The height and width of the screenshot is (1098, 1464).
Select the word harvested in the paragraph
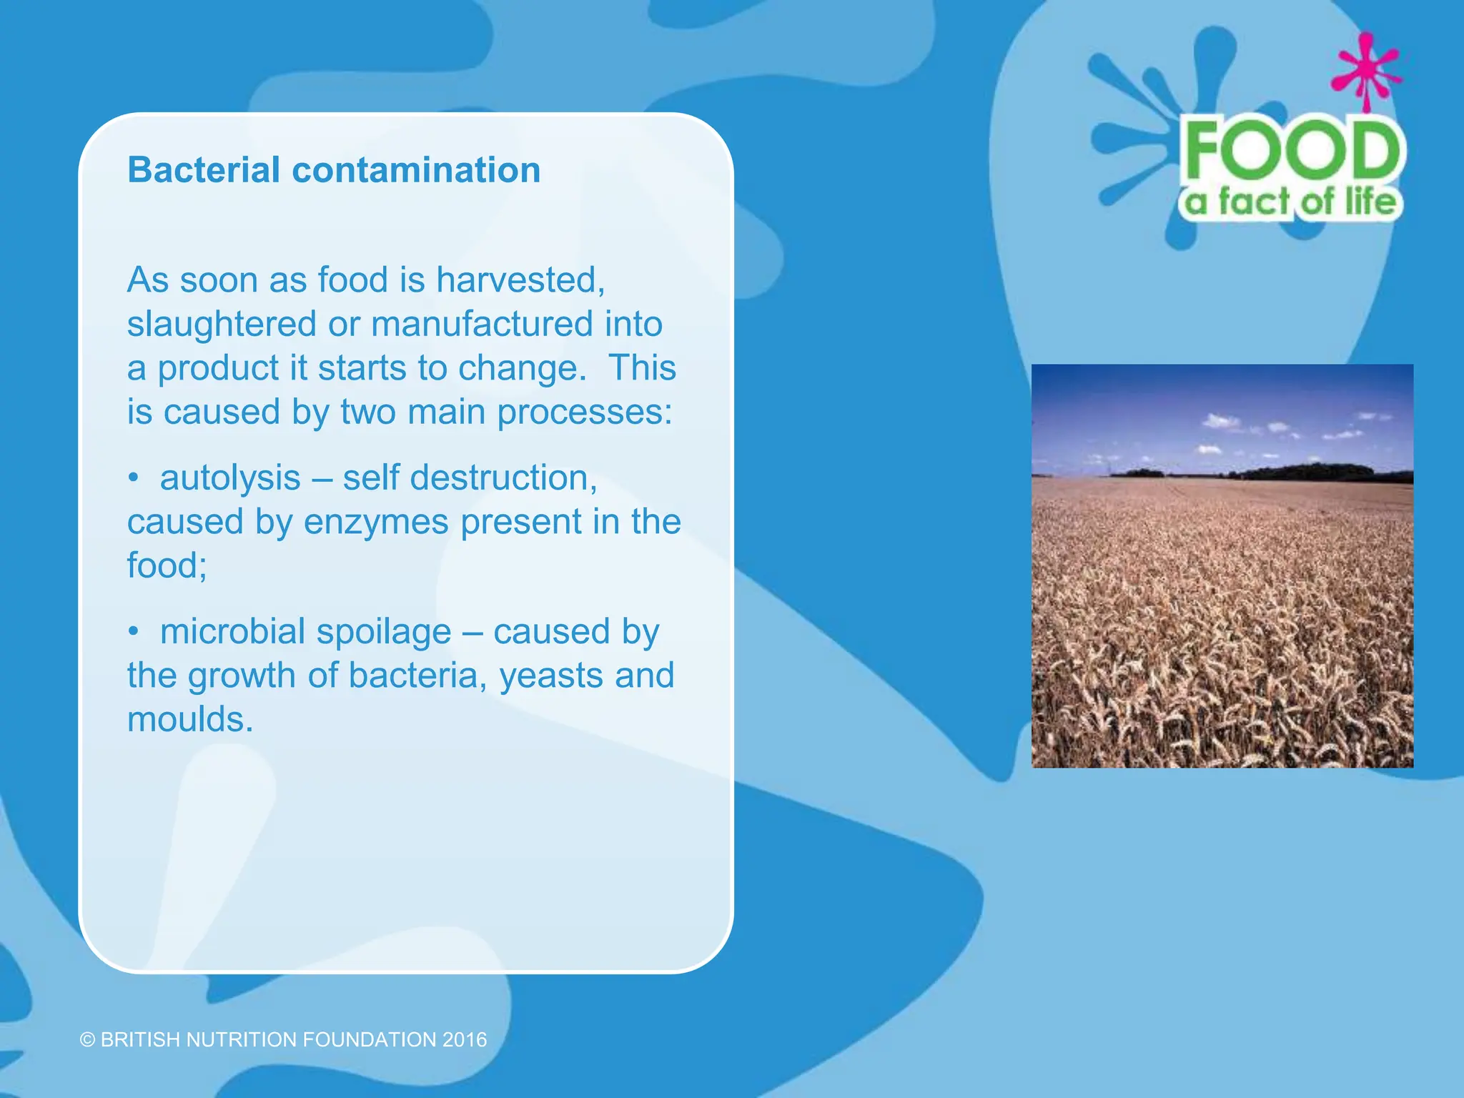click(x=520, y=280)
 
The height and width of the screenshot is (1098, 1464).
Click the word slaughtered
click(x=222, y=324)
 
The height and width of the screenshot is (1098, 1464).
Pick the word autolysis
click(x=230, y=478)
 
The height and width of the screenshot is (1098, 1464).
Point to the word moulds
click(x=190, y=719)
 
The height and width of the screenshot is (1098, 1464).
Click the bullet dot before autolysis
click(x=133, y=478)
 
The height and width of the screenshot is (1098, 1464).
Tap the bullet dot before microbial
click(x=133, y=632)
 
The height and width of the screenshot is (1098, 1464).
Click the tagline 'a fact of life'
click(x=1291, y=202)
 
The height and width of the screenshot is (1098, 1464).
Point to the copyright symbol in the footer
click(x=87, y=1039)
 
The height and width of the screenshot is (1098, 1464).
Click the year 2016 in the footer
click(x=465, y=1039)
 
